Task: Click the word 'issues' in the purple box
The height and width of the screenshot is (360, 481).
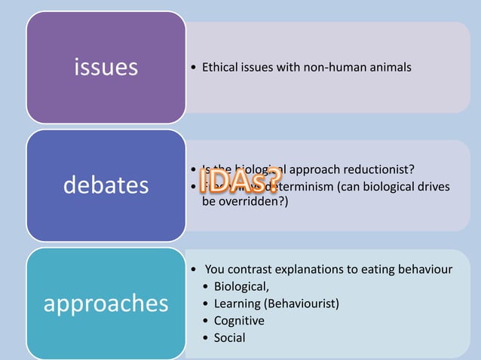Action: [x=106, y=68]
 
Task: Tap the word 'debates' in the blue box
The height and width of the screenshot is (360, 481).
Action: [x=106, y=185]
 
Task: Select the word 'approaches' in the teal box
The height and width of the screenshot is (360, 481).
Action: [x=106, y=303]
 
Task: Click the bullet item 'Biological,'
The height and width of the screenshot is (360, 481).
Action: [x=241, y=286]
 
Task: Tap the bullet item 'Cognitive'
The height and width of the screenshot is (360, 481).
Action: [x=239, y=321]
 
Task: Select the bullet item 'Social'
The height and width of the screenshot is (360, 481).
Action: [x=230, y=337]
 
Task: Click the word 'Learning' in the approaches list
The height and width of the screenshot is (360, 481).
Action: [x=237, y=304]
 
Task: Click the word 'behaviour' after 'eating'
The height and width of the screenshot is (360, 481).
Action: [x=424, y=269]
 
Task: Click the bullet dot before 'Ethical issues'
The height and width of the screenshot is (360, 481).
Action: [x=195, y=69]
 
